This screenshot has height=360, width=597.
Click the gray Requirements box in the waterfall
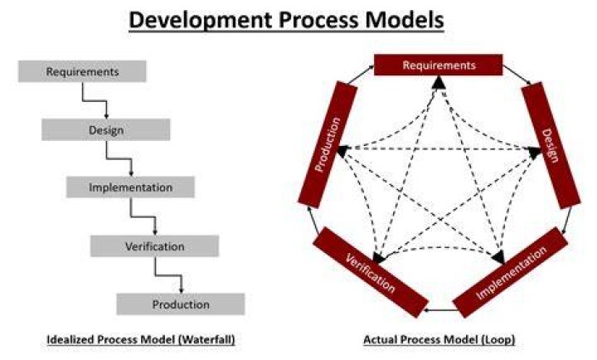[82, 71]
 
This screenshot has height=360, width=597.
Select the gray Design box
[106, 130]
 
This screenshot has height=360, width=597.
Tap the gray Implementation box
[130, 187]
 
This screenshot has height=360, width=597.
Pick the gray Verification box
[154, 246]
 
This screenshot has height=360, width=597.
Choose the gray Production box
[181, 304]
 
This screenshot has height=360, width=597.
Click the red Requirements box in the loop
[439, 66]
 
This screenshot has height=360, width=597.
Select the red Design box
[551, 145]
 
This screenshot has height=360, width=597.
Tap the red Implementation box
[511, 272]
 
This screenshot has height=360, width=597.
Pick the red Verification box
[371, 272]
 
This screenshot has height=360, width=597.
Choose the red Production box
[328, 144]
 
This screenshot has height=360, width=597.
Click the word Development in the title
[200, 20]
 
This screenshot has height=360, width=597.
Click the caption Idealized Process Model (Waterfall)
[141, 339]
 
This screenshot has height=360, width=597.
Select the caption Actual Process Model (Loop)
[439, 339]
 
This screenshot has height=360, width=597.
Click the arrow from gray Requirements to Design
[95, 101]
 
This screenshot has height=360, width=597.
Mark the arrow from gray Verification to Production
[167, 275]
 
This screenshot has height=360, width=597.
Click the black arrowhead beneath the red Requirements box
[439, 82]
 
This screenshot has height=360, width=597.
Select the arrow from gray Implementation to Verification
[143, 216]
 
